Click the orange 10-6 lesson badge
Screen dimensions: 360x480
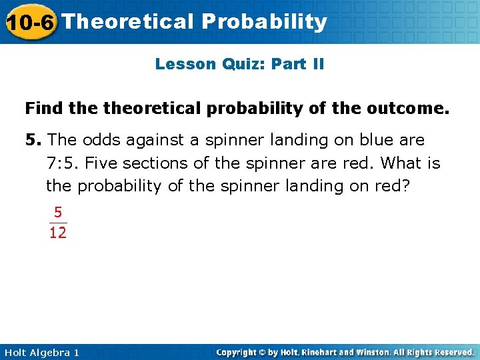(x=30, y=22)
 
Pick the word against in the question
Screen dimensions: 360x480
(x=158, y=141)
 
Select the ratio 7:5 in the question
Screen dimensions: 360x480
(x=63, y=163)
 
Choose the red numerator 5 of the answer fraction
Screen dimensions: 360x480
(x=58, y=213)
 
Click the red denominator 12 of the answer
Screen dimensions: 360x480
(x=58, y=233)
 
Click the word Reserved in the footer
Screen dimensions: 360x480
(x=451, y=352)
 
